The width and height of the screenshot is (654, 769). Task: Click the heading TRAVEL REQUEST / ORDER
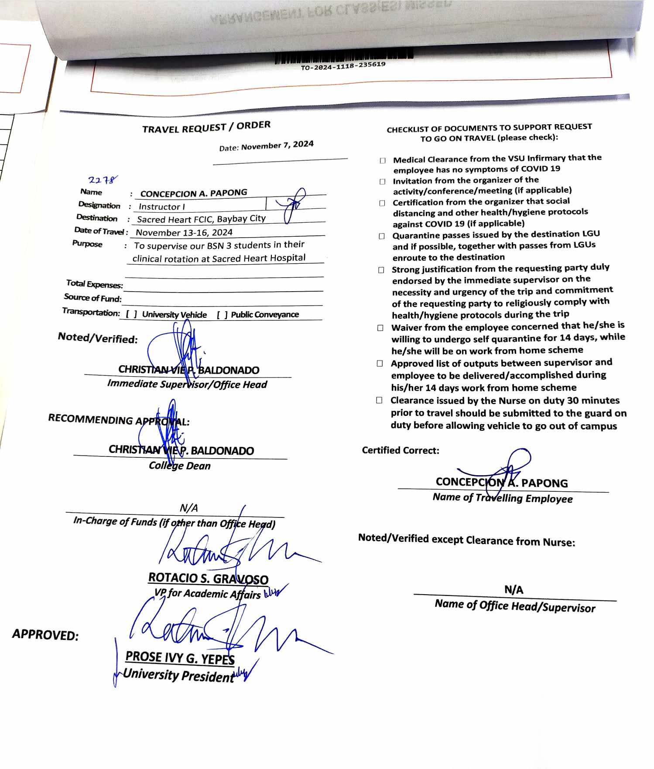(206, 127)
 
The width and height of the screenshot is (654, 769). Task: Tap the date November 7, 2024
(277, 145)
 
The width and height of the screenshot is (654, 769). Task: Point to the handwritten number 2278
(102, 180)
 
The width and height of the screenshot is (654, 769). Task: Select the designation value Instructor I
(161, 207)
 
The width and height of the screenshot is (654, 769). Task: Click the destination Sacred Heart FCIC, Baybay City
(201, 219)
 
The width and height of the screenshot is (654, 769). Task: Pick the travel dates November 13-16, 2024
(184, 232)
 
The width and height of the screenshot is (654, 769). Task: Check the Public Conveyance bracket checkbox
(222, 315)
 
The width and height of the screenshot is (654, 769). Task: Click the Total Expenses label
(95, 284)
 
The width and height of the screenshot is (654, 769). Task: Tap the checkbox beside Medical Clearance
(383, 160)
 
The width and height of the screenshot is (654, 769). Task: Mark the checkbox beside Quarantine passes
(382, 236)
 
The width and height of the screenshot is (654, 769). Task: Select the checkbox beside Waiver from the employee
(380, 328)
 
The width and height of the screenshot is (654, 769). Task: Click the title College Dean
(180, 466)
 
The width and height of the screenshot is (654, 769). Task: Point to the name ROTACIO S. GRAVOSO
(208, 578)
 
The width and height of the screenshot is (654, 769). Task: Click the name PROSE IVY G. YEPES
(180, 657)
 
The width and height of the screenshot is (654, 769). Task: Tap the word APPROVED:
(45, 635)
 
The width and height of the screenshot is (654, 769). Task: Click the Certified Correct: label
(400, 450)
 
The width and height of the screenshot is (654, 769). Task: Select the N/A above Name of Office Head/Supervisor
(514, 590)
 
